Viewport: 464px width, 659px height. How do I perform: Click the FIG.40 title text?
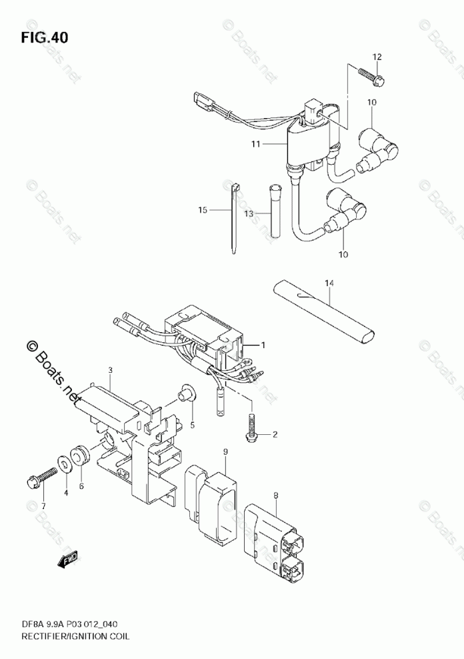44,37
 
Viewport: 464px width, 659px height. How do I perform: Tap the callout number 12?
376,57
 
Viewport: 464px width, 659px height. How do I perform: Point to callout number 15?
203,210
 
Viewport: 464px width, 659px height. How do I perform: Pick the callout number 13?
248,213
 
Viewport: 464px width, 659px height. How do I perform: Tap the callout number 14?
328,283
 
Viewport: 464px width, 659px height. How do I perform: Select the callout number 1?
263,345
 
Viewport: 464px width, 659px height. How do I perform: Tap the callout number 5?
192,424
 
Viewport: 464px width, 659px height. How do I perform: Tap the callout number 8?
275,495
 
